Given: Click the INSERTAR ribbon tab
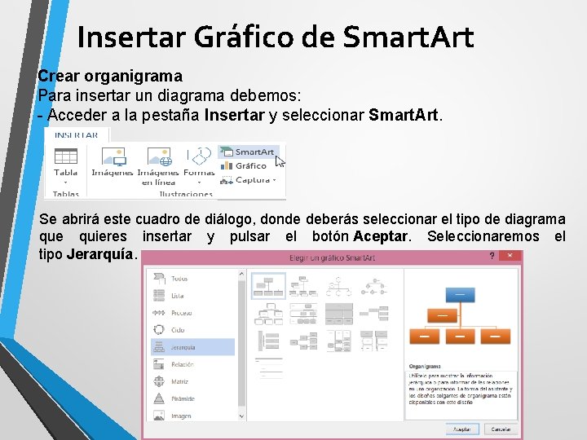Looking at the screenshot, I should coord(76,135).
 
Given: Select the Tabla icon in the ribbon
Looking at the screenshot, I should coord(65,161).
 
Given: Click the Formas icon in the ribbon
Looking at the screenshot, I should coord(199,161).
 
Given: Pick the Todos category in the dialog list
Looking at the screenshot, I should coord(179,279).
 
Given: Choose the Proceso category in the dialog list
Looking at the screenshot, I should coord(181,313).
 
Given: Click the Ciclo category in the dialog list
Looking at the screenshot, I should coord(178,330).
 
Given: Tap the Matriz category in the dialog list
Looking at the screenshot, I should coord(179,381).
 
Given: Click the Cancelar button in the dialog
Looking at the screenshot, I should coord(500,429).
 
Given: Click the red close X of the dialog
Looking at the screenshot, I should coord(510,256).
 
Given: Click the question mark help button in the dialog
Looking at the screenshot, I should coord(491,256).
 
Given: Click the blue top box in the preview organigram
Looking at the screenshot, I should coord(460,294).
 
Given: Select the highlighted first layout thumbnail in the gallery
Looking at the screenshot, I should coord(268,285).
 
